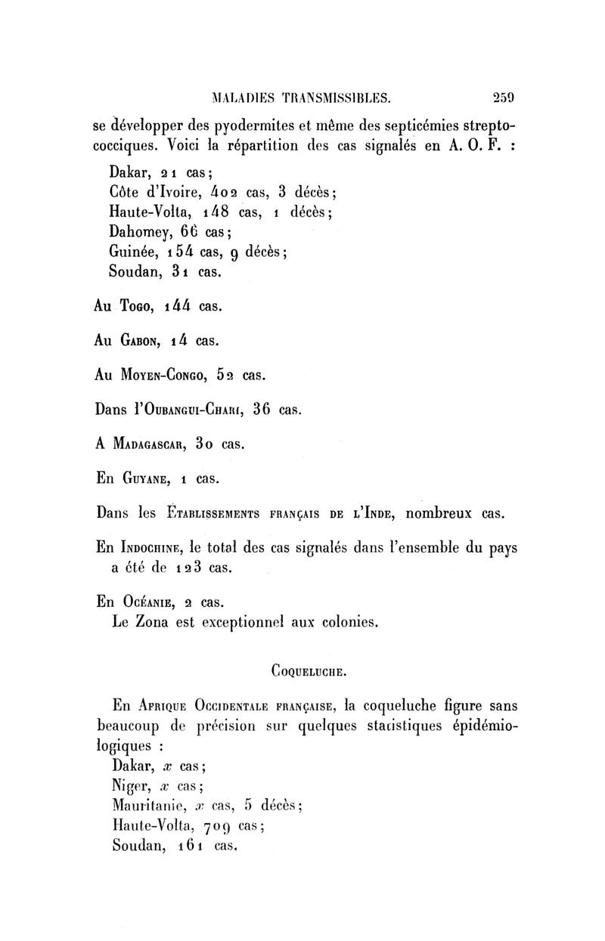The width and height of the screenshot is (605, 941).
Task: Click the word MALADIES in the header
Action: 243,97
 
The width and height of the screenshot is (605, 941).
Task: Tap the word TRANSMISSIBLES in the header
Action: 336,97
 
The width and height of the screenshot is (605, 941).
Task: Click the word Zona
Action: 162,624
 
